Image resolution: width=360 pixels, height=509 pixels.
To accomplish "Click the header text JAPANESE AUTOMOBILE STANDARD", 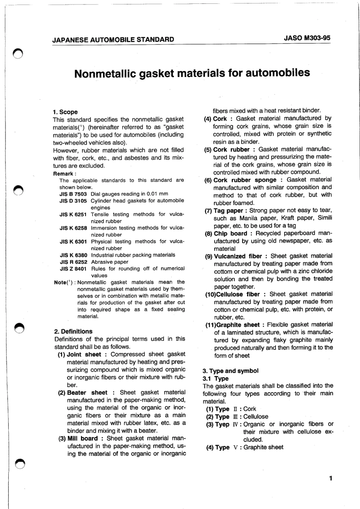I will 113,39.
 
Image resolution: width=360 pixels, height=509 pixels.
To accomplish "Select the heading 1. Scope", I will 65,112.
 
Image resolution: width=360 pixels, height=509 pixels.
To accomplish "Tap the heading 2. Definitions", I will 74,331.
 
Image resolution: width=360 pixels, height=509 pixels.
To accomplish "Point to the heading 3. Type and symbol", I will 231,371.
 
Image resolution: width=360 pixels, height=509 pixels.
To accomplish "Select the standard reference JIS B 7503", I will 73,194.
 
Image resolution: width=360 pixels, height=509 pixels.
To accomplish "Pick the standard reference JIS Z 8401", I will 74,269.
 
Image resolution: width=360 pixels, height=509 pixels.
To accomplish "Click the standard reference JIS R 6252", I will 74,262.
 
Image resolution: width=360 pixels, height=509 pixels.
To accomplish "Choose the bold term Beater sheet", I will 87,393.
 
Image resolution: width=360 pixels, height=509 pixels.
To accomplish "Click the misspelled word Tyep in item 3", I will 222,424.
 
